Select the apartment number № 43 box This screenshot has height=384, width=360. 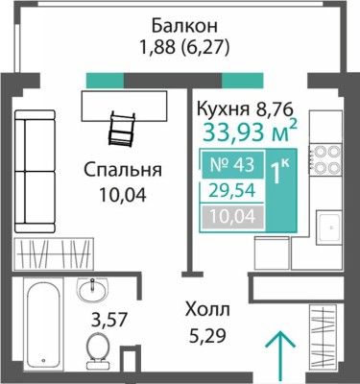pyautogui.click(x=228, y=166)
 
